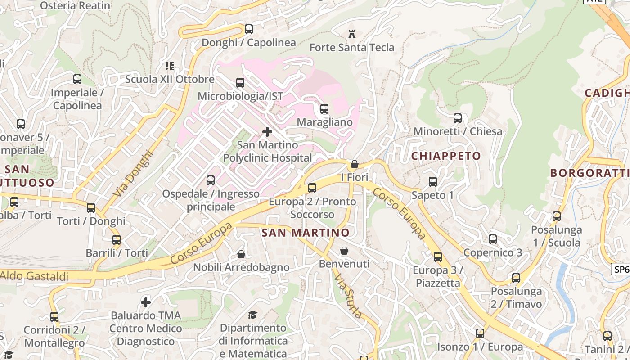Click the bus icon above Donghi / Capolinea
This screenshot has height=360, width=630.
[x=248, y=29]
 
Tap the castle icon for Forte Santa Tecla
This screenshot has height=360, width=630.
[x=352, y=34]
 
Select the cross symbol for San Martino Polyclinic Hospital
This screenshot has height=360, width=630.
[x=267, y=132]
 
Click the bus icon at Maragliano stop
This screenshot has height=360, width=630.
[x=324, y=108]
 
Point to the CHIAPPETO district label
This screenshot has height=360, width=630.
[x=446, y=156]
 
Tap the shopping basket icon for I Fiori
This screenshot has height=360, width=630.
[x=355, y=164]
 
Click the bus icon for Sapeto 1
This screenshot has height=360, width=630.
[x=433, y=182]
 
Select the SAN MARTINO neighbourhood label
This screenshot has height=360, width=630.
[x=305, y=233]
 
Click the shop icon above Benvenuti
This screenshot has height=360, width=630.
[x=344, y=251]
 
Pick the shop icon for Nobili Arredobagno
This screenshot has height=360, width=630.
[x=241, y=254]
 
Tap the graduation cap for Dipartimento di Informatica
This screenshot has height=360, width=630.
[x=253, y=315]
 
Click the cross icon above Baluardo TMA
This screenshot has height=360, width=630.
[x=146, y=302]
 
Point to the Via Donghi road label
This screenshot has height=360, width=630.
[x=133, y=173]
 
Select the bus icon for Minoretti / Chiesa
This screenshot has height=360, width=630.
[x=458, y=118]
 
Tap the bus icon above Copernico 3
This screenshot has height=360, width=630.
[x=493, y=239]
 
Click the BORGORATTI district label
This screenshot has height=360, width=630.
[x=589, y=173]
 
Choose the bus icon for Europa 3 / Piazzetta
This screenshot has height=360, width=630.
[x=438, y=257]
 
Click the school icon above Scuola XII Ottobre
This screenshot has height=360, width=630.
[x=170, y=66]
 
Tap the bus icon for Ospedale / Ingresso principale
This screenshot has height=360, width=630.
[x=210, y=180]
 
